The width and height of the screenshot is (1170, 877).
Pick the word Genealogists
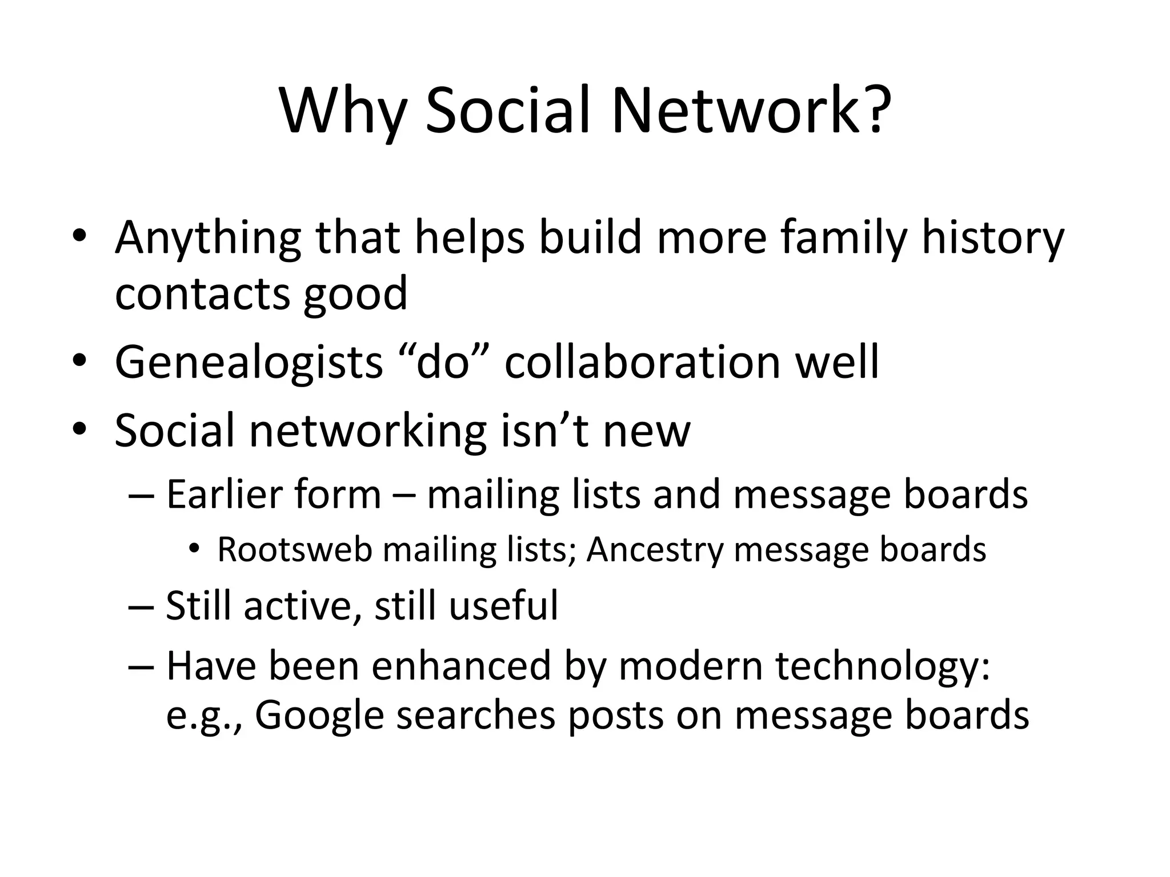[249, 363]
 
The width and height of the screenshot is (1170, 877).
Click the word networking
[368, 432]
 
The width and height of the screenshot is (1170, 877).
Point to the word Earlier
[273, 494]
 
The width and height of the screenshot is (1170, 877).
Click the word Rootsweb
[294, 550]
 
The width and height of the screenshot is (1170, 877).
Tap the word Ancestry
[655, 550]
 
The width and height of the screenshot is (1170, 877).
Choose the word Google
[319, 716]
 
